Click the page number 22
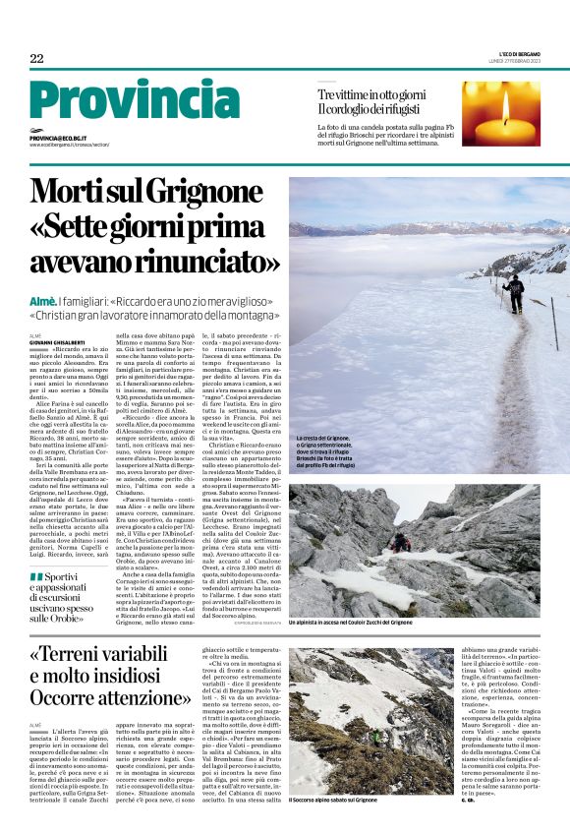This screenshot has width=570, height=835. tap(36, 59)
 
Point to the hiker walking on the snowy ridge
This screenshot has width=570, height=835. tap(513, 292)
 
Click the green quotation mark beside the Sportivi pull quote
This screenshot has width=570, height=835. tap(36, 576)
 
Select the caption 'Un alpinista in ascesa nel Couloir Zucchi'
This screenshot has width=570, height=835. tap(350, 623)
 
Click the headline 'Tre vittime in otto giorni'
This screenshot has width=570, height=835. tap(370, 93)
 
